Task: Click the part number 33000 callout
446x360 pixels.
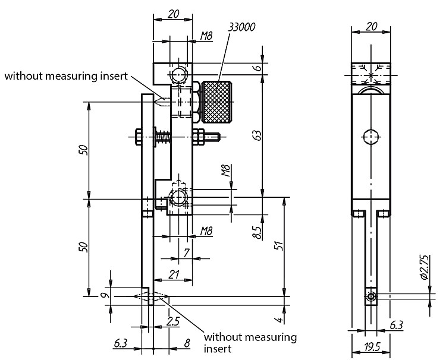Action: point(242,27)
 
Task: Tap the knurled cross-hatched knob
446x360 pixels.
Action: point(216,102)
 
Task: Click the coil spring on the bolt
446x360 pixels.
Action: point(163,137)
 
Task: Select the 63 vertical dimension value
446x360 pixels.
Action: point(256,136)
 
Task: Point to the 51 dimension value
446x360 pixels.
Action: point(279,245)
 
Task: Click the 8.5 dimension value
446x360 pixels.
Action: point(257,232)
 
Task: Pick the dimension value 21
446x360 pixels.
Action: point(174,274)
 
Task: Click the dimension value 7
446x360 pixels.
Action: point(187,252)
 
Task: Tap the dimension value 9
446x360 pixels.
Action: point(105,296)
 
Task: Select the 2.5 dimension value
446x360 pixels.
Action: point(173,321)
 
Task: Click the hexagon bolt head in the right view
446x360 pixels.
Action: point(371,137)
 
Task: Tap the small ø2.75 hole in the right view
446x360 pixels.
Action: point(371,296)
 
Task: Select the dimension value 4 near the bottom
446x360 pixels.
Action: point(280,320)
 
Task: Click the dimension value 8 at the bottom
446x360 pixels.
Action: point(187,343)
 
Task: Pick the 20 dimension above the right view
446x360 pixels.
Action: point(372,27)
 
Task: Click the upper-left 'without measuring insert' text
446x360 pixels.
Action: point(66,76)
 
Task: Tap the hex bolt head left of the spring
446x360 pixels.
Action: point(138,137)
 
